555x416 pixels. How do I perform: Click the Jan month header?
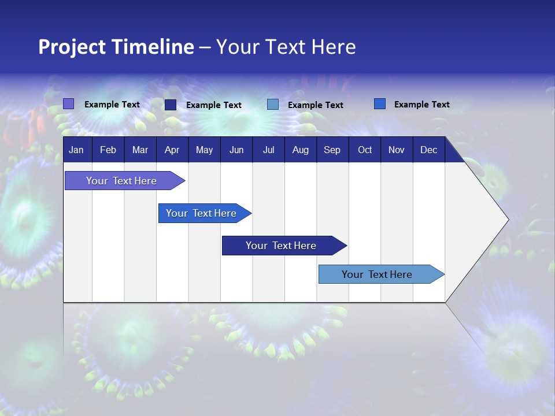pos(76,150)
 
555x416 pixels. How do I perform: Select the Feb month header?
pos(108,150)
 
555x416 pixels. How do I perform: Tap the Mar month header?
pos(140,150)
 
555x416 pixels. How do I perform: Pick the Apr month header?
pos(172,150)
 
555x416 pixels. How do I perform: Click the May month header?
pos(204,150)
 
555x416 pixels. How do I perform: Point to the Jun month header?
pos(236,150)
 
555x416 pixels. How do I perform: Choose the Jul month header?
pos(268,150)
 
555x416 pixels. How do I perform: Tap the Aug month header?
pos(300,150)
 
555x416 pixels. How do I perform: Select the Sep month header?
pos(332,150)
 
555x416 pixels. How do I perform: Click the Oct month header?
pos(365,150)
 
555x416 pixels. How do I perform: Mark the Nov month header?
pos(397,150)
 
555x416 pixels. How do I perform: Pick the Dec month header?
pos(428,150)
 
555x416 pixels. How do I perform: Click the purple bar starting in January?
pos(121,181)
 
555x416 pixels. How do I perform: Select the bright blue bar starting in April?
pos(201,213)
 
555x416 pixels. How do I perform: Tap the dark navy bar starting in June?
pos(281,246)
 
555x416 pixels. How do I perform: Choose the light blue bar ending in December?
pos(377,274)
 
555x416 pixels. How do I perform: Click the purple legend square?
pos(68,104)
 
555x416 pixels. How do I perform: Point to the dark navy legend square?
pos(171,105)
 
